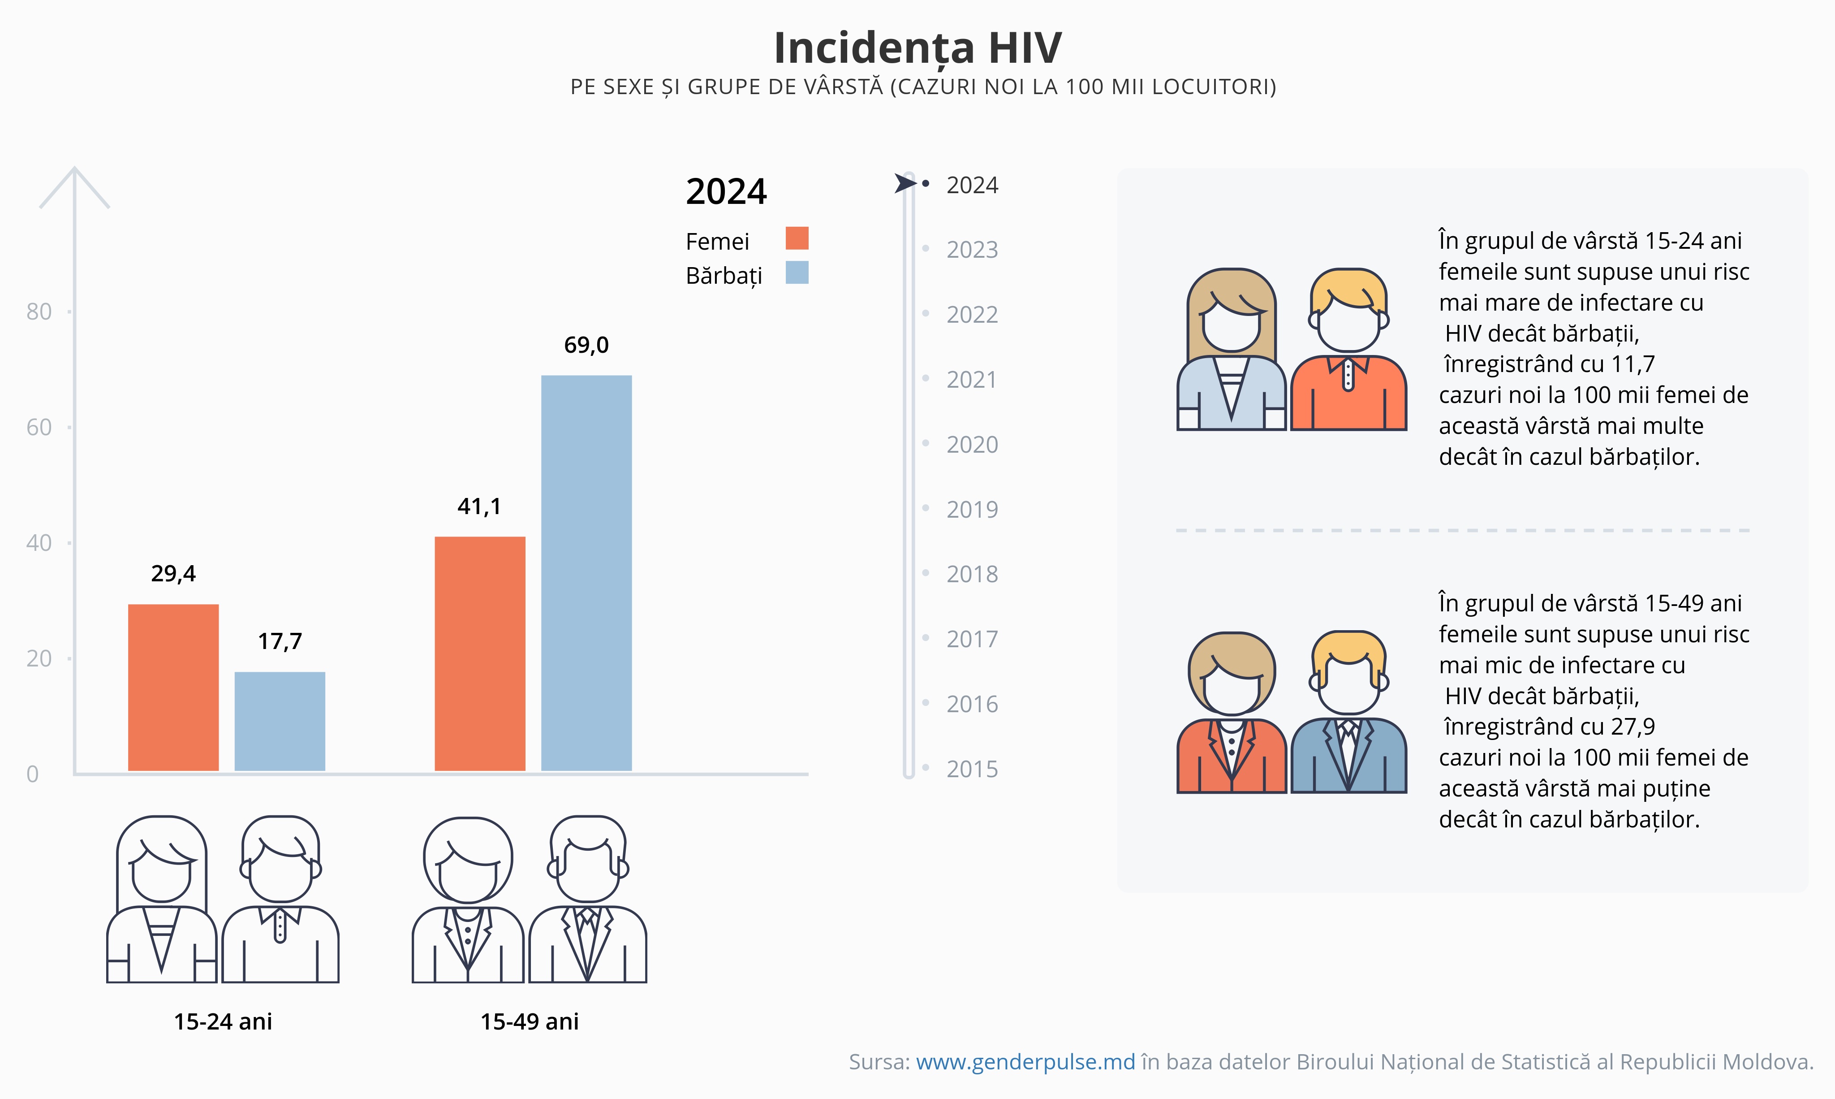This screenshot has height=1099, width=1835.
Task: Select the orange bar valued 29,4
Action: [173, 687]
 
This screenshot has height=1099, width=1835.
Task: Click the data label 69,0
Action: [586, 345]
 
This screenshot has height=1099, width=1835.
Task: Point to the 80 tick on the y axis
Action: [39, 312]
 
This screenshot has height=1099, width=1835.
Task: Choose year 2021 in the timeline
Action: [972, 380]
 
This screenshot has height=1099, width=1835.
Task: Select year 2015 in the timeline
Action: [972, 770]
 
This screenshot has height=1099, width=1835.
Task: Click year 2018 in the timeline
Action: [972, 574]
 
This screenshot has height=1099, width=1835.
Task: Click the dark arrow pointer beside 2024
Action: [905, 183]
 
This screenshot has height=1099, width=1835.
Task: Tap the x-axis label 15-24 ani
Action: [223, 1022]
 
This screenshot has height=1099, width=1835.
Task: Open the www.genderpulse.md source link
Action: [1025, 1062]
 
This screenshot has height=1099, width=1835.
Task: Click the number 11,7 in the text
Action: [1633, 364]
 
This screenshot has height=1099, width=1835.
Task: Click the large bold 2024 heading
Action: [726, 192]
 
